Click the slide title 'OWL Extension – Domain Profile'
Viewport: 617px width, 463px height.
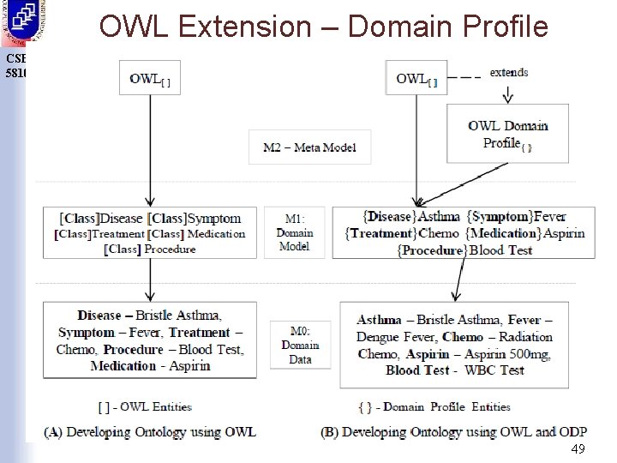(x=323, y=27)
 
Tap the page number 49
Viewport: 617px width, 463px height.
(x=578, y=449)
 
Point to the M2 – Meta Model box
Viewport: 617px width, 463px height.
(x=309, y=147)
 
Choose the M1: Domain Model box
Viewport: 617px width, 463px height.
(x=294, y=231)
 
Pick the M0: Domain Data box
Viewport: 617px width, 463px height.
(x=300, y=345)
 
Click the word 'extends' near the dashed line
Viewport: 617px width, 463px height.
(x=508, y=72)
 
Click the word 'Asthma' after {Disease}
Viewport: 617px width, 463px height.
(x=438, y=217)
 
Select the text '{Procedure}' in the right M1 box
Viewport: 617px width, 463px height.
(x=431, y=250)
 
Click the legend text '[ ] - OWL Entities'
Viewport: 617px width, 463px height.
(x=145, y=406)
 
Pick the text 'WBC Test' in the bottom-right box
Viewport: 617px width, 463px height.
(x=494, y=370)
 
